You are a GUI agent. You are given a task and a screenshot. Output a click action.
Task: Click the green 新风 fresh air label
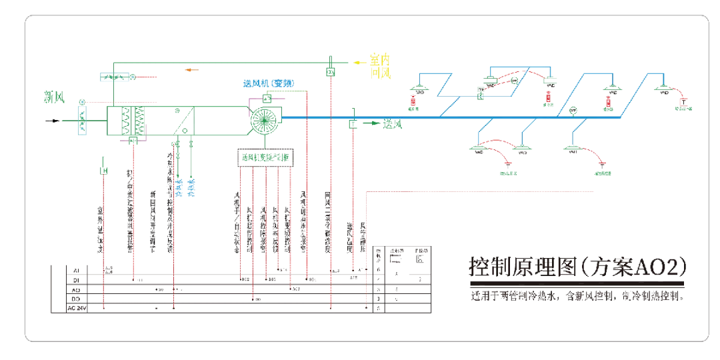click(x=54, y=97)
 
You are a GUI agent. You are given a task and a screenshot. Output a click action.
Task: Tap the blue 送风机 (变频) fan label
click(x=268, y=83)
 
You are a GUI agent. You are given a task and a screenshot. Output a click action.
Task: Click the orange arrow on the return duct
click(x=191, y=69)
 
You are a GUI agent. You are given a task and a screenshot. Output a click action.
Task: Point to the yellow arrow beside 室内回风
click(x=360, y=62)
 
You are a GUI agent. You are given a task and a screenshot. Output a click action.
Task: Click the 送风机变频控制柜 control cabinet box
click(x=266, y=158)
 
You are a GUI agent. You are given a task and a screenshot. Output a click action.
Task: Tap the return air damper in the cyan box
click(x=115, y=77)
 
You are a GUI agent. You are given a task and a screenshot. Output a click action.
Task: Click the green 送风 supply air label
click(x=393, y=124)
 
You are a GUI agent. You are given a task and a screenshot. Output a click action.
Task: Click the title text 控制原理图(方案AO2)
click(x=577, y=267)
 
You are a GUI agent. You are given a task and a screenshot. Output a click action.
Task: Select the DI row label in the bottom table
click(x=75, y=281)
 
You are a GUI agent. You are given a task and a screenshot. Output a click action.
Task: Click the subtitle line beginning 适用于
click(x=577, y=295)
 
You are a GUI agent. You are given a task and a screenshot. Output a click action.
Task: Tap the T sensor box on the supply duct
click(x=353, y=124)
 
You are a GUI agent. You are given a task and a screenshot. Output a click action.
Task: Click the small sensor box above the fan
click(x=267, y=99)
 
